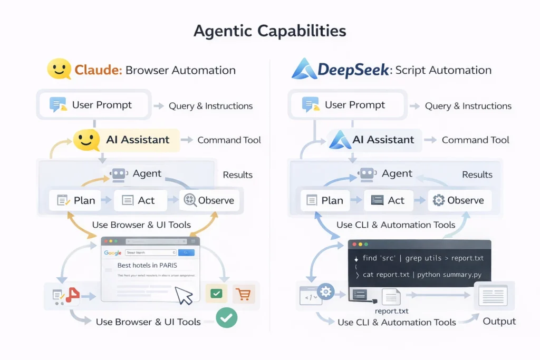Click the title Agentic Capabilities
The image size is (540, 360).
(x=269, y=31)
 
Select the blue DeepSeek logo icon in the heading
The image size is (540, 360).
(x=304, y=69)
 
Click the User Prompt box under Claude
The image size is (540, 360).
(x=94, y=104)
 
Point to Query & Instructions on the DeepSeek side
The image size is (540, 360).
(x=468, y=106)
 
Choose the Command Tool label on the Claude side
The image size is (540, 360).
(x=229, y=140)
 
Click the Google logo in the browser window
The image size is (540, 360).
(x=113, y=253)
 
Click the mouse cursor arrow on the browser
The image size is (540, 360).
(x=184, y=295)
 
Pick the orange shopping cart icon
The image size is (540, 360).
(x=243, y=294)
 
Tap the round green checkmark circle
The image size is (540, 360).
(x=227, y=317)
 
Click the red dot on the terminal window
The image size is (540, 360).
(x=354, y=245)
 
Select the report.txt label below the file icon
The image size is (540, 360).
(x=391, y=311)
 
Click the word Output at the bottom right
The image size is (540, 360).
(x=499, y=321)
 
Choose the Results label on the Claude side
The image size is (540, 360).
(x=237, y=175)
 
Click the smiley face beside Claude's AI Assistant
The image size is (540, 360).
(x=86, y=140)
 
